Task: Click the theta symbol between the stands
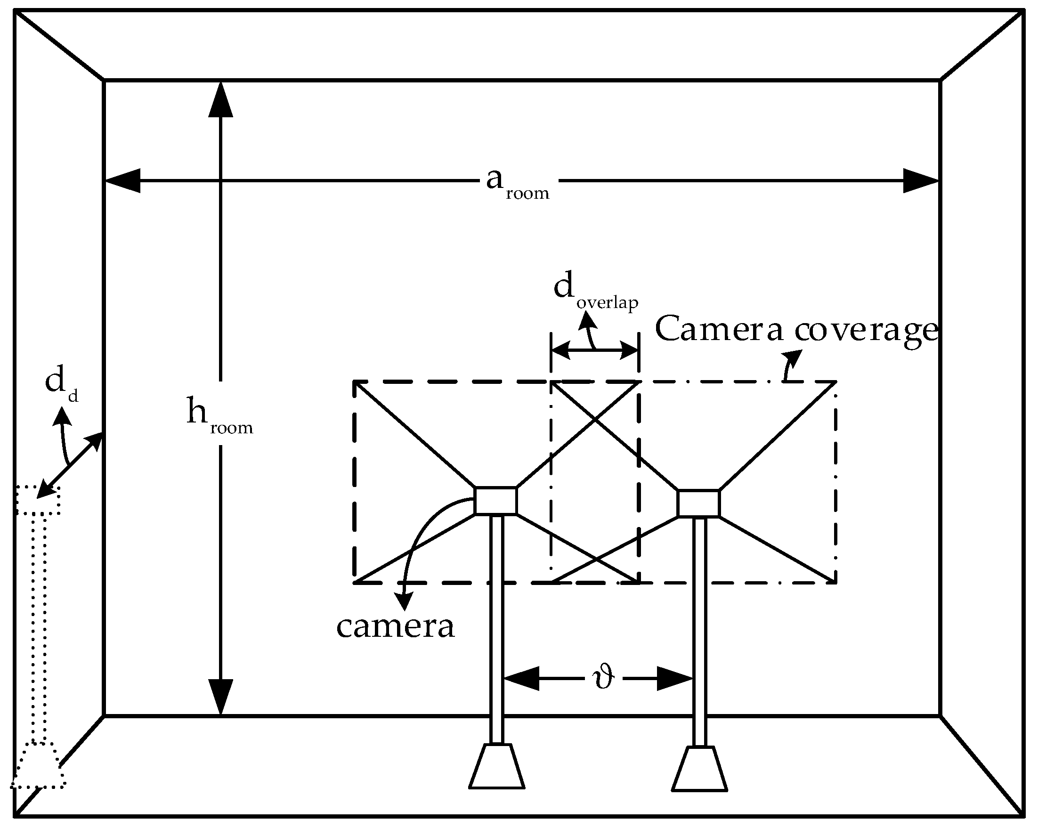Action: point(603,679)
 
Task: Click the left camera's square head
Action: point(495,501)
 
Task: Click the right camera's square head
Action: point(698,503)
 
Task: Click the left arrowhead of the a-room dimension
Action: point(123,181)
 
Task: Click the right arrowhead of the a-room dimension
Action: point(921,181)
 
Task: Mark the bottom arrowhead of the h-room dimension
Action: point(220,697)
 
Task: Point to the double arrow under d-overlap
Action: point(594,350)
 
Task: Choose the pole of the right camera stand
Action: point(699,631)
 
